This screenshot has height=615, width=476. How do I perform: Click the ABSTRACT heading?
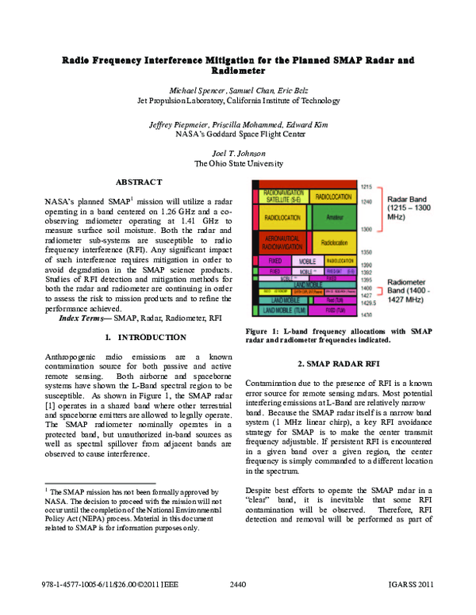(139, 182)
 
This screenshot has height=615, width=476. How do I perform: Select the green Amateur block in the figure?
(334, 216)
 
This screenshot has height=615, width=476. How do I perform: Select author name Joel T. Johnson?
(239, 152)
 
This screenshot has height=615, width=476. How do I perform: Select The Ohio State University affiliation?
(239, 163)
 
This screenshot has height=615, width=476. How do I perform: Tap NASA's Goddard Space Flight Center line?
(239, 135)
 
